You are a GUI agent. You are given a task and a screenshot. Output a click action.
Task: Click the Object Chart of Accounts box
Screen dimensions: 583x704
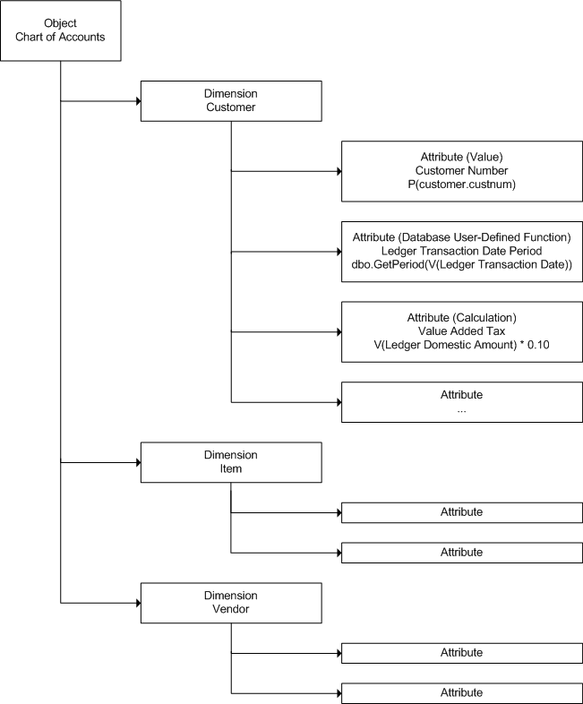point(61,30)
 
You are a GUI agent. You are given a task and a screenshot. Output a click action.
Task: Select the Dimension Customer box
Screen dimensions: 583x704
point(231,101)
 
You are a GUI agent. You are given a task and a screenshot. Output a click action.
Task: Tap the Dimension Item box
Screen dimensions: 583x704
point(231,462)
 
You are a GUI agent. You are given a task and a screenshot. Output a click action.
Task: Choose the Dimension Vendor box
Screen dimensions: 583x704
point(231,603)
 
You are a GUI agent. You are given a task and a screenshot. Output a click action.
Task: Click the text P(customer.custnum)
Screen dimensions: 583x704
point(461,185)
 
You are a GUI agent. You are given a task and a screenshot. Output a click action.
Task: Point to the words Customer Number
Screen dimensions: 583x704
point(461,170)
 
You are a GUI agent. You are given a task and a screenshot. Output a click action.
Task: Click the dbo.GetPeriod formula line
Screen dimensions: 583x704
point(461,265)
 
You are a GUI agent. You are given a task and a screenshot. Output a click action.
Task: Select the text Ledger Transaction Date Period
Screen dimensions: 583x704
point(461,251)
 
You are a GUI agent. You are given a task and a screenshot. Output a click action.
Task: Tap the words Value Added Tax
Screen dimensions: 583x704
point(461,331)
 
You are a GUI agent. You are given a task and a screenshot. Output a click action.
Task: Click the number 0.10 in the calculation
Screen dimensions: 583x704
point(538,345)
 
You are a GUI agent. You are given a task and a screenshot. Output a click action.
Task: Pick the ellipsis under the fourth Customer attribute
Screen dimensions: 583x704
point(461,411)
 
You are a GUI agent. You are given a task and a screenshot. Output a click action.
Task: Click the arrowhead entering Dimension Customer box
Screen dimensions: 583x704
point(138,101)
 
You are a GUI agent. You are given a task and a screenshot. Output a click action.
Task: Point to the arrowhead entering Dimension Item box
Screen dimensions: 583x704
point(138,462)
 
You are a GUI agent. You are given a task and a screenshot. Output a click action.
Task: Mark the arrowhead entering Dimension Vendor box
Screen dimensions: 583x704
point(138,603)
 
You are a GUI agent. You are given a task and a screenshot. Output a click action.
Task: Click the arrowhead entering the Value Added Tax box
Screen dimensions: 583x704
point(339,331)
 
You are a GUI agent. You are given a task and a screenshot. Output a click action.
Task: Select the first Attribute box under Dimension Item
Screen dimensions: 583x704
point(462,512)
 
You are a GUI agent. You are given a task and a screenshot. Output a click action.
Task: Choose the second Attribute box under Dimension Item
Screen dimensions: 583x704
point(462,553)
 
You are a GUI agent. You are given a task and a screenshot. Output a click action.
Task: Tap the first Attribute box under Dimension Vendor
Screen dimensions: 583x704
point(462,653)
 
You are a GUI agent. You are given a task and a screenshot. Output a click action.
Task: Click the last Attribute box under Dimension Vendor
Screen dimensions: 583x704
point(462,693)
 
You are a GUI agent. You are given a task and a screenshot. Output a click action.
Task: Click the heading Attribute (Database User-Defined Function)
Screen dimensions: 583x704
point(461,237)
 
